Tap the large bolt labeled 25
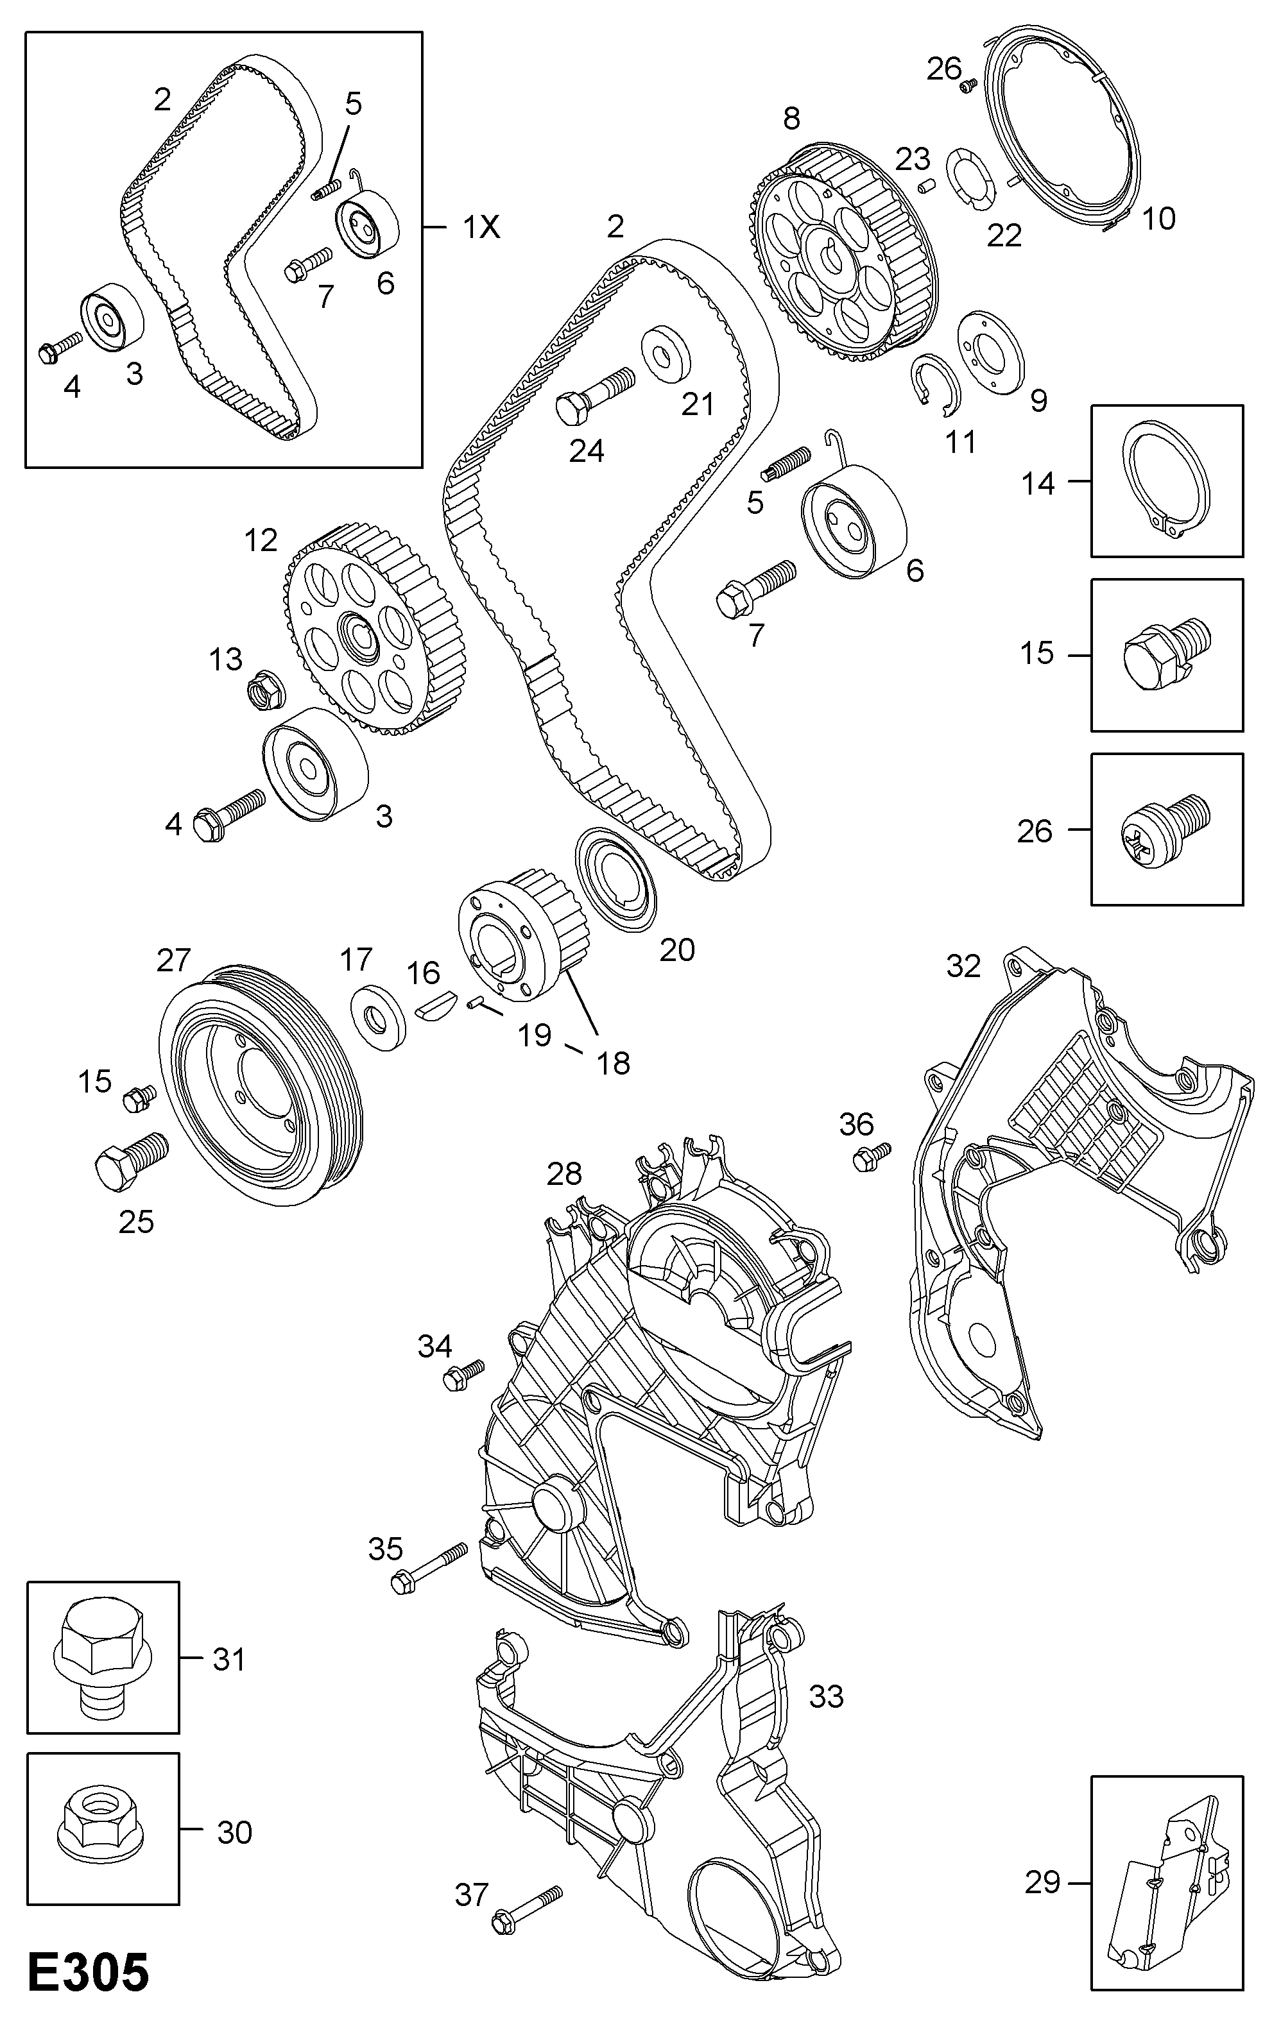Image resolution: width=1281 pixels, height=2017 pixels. pyautogui.click(x=130, y=1160)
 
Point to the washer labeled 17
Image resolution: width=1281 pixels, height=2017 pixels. pyautogui.click(x=376, y=1017)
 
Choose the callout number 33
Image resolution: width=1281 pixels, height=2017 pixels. pyautogui.click(x=825, y=1697)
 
